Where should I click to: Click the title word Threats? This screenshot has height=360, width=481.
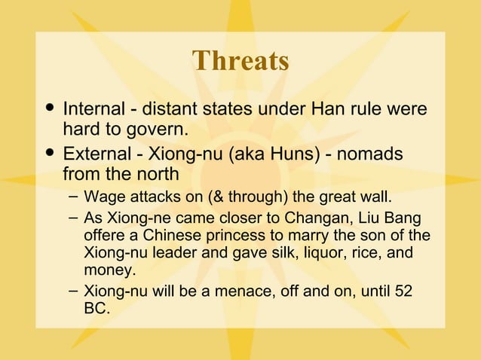coord(240,61)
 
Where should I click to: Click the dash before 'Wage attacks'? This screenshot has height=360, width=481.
coord(71,197)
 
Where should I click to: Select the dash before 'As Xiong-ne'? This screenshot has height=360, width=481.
coord(71,217)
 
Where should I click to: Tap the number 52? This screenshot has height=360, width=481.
coord(403,291)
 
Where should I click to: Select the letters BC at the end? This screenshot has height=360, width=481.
coord(97,309)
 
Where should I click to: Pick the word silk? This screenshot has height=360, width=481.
coord(277,253)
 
